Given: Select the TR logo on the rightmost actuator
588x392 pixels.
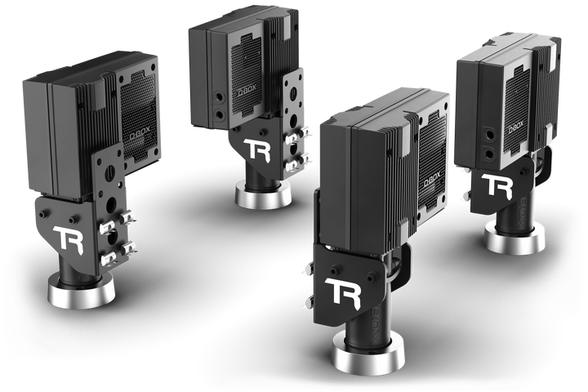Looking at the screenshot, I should click(x=497, y=185).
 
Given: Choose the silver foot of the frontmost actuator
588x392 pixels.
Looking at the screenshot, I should click(x=367, y=354).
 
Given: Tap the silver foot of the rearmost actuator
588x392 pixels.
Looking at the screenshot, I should click(x=263, y=194).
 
